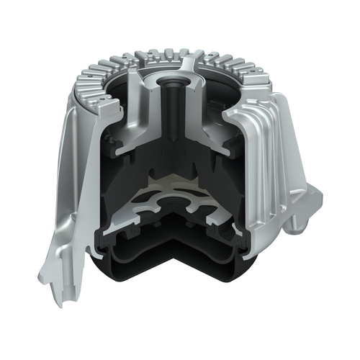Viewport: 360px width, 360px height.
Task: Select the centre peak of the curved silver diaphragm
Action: coord(173,180)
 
